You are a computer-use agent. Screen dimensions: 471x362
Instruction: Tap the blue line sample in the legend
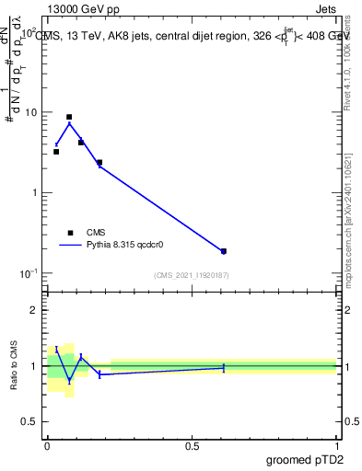[70, 246]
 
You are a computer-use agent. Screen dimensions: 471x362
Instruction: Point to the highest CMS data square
[69, 118]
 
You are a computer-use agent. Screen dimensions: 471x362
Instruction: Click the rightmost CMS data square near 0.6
[224, 251]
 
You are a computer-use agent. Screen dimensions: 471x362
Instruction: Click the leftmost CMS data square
[56, 152]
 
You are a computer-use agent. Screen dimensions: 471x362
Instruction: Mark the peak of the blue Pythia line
[69, 123]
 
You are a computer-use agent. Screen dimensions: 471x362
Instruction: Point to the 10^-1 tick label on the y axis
[31, 273]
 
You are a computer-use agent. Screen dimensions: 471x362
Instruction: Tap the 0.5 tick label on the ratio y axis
[32, 422]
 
